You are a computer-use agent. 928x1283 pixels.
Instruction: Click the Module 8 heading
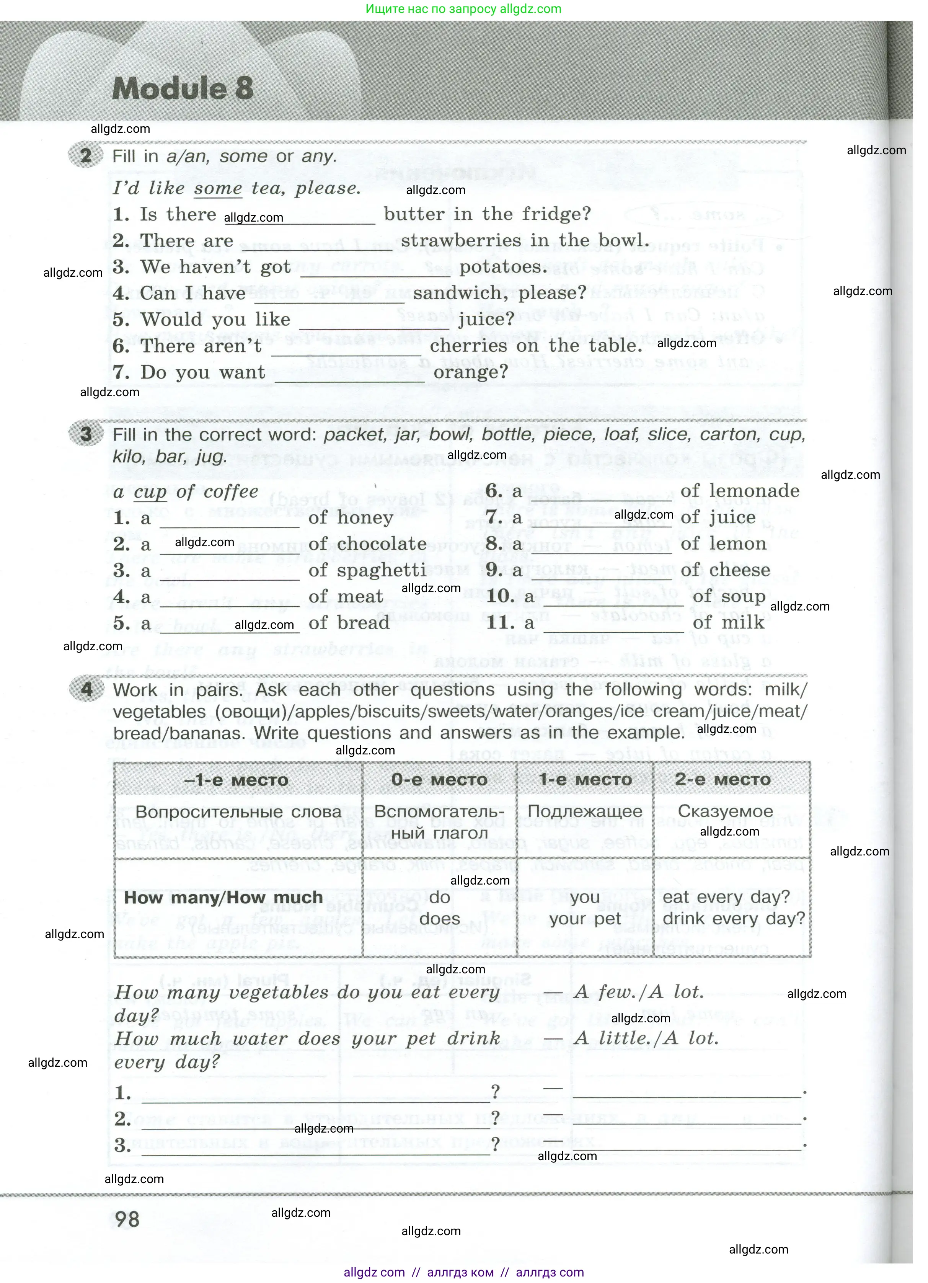(x=183, y=88)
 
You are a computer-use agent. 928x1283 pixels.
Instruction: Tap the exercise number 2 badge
(x=85, y=155)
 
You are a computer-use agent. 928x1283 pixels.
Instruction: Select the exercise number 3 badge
(x=85, y=434)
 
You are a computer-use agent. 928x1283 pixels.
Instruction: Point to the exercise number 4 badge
(x=86, y=689)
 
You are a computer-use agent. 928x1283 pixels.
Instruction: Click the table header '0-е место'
(x=439, y=780)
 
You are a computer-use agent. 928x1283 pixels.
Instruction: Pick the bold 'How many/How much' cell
(x=223, y=897)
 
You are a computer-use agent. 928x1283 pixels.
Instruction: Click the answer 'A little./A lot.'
(x=646, y=1038)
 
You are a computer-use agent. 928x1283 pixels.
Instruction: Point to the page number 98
(x=127, y=1219)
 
